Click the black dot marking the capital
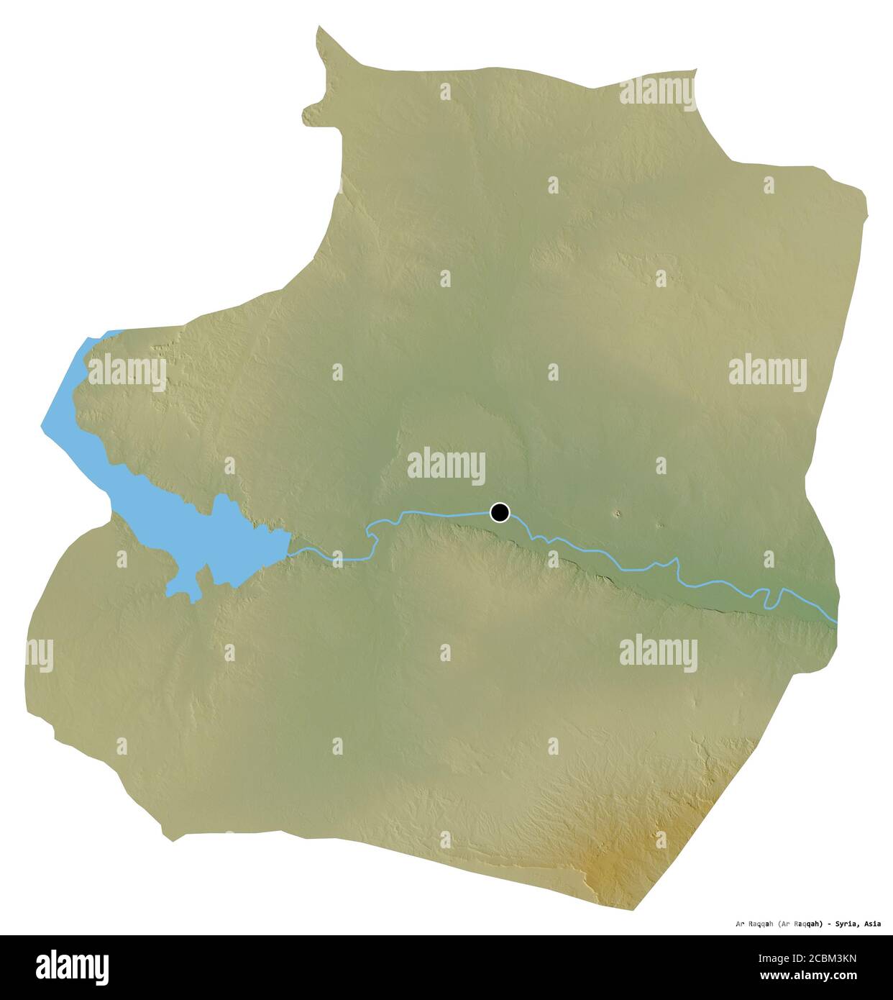(x=500, y=512)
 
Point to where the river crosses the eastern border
(x=837, y=620)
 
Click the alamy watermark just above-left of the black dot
(x=446, y=464)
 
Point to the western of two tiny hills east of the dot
(x=617, y=514)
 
